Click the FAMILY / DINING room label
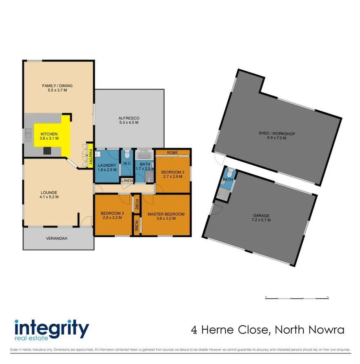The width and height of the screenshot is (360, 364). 58,86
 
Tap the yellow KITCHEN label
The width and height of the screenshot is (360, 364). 49,134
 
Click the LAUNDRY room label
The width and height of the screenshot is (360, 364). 107,165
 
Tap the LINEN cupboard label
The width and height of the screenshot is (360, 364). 126,181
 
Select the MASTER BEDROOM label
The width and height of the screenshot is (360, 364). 166,214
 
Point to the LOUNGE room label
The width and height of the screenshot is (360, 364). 49,192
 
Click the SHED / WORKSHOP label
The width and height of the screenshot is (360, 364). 276,134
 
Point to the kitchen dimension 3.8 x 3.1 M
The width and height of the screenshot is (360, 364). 49,138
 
